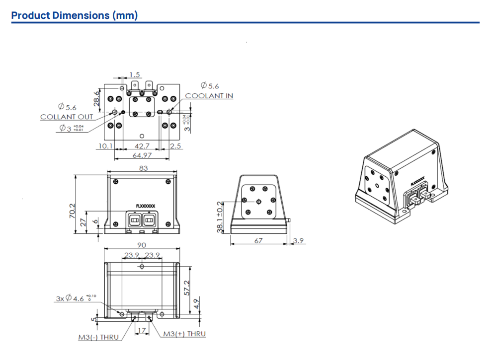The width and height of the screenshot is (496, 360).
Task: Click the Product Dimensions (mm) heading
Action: [75, 15]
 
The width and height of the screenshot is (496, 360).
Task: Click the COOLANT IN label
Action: [209, 96]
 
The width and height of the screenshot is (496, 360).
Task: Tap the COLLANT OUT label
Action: [67, 117]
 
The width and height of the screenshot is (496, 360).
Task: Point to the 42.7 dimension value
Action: [142, 146]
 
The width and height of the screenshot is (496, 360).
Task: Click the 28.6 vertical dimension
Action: [97, 98]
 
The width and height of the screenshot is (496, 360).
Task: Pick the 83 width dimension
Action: [143, 168]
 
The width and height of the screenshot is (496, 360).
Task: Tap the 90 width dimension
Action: [142, 245]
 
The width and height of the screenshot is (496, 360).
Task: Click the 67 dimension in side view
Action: [258, 241]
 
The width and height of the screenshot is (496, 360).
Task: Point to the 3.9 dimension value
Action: [299, 241]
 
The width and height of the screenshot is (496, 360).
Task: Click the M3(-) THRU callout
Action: [98, 337]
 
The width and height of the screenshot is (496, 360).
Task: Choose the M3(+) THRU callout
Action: [184, 334]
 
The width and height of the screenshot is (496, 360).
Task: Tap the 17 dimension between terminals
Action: [142, 331]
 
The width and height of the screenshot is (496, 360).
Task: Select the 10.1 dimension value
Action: [105, 146]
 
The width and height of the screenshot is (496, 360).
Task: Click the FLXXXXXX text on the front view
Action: [145, 205]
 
